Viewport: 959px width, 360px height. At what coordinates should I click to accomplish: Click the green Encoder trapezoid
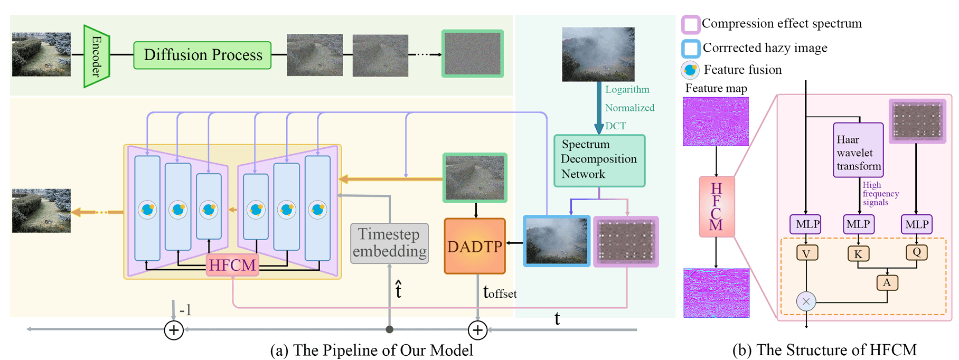tap(96, 56)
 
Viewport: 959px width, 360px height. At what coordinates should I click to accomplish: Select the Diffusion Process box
tap(202, 55)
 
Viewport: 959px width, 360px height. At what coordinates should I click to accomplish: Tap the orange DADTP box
tap(475, 246)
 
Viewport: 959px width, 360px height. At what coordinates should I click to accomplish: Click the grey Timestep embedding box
tap(389, 243)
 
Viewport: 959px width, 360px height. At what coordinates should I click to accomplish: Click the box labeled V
tap(806, 253)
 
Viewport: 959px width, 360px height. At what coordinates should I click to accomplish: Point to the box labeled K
tap(858, 254)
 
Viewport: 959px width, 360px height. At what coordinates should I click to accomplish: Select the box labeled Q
tap(916, 252)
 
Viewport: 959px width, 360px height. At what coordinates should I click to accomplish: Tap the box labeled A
tap(887, 282)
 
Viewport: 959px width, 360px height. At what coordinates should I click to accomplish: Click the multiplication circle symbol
tap(806, 302)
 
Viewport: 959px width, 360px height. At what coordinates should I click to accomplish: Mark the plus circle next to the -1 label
tap(174, 330)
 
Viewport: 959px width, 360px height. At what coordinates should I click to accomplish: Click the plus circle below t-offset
tap(477, 330)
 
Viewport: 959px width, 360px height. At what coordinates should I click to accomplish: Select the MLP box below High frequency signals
tap(858, 224)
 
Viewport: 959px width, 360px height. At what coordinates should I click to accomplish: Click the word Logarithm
tap(627, 90)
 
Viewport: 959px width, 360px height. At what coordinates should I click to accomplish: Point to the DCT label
tap(615, 126)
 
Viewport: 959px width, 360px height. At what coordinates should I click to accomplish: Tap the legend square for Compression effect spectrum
tap(690, 24)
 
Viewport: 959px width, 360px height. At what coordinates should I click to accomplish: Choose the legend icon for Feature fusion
tap(690, 70)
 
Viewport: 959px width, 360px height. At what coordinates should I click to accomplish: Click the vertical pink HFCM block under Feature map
tap(716, 206)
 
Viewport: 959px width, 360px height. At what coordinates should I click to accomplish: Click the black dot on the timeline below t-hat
tap(389, 329)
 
